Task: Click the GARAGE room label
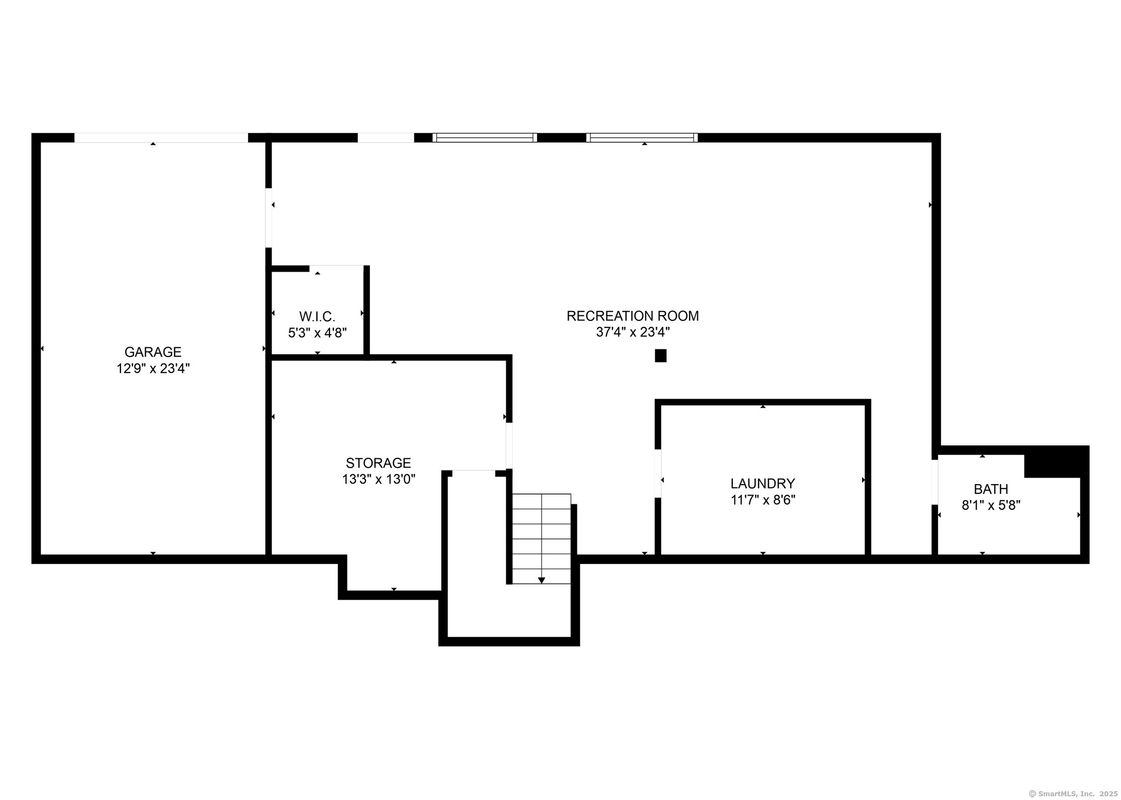point(153,352)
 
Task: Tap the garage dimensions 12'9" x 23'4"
point(153,369)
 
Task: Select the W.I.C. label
point(317,316)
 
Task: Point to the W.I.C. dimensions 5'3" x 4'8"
point(317,332)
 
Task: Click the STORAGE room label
point(378,463)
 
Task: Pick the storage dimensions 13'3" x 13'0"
point(379,480)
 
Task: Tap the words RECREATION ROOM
point(633,316)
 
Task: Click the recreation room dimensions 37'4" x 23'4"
point(633,332)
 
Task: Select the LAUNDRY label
point(762,484)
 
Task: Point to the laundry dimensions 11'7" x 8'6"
point(763,500)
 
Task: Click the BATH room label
point(991,489)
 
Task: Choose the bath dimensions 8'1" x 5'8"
point(991,505)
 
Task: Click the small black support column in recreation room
point(661,356)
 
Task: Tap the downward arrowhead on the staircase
point(541,580)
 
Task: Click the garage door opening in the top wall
point(161,138)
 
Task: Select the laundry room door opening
point(658,474)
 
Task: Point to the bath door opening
point(935,482)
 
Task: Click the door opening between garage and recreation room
point(269,218)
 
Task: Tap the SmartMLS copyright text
point(1073,793)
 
